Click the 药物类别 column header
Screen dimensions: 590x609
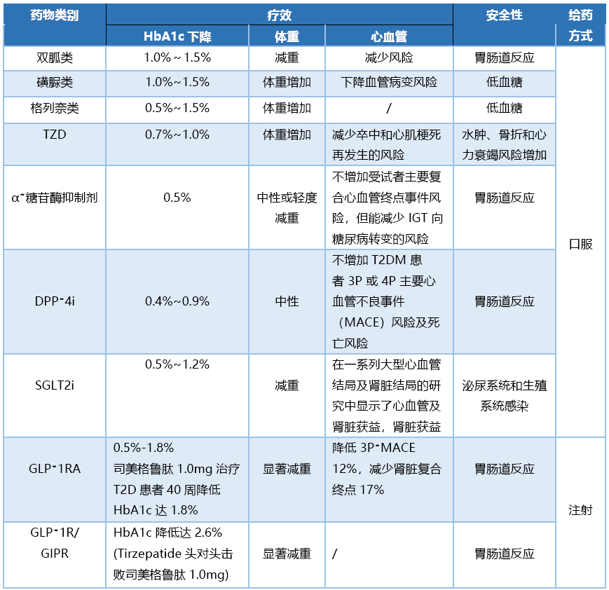pos(55,15)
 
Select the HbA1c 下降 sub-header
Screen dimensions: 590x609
pos(177,36)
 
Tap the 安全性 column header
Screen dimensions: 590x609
pos(504,15)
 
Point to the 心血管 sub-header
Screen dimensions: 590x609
pos(389,36)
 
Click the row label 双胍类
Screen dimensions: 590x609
pos(55,57)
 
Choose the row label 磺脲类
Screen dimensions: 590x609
pos(55,83)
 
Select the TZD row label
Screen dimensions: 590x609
pos(55,135)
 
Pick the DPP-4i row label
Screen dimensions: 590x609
pos(55,301)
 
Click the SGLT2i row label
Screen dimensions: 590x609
pos(55,385)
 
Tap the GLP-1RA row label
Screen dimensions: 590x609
pos(55,469)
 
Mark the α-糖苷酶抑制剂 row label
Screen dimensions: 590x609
pos(55,198)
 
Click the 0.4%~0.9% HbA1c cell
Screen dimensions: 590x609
pos(177,301)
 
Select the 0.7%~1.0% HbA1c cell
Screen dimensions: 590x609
pos(177,135)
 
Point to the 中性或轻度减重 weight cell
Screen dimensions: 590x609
pos(287,207)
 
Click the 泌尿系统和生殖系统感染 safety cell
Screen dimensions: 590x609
pos(504,395)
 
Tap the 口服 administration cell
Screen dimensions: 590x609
pos(580,245)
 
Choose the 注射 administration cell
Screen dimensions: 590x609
pos(580,510)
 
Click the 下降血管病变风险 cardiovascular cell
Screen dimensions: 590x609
pos(389,83)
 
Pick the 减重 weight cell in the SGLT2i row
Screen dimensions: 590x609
pos(287,385)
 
